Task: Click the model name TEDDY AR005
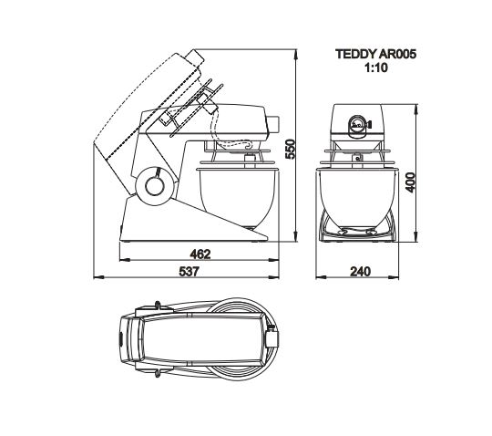pos(375,54)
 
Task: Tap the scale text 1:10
pos(375,67)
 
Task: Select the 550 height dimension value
pos(291,150)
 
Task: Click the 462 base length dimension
pos(200,254)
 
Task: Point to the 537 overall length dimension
pos(190,271)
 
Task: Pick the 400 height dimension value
pos(410,182)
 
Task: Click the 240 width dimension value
pos(360,271)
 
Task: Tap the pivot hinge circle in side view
pos(156,186)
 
